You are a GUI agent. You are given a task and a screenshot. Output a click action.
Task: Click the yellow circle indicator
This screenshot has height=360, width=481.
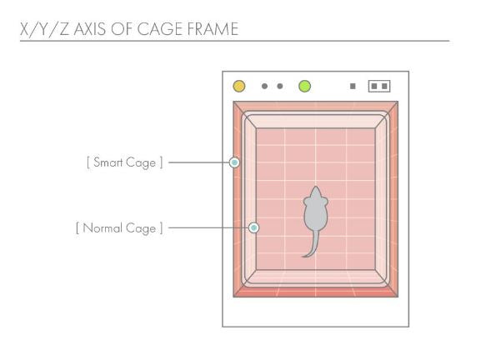pos(239,86)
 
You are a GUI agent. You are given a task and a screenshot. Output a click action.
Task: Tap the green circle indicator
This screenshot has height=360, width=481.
pos(304,86)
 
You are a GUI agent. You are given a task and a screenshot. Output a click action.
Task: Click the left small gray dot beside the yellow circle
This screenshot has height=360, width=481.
pos(264,86)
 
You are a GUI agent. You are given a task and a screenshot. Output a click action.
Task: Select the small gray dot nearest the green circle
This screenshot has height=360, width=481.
pos(280,86)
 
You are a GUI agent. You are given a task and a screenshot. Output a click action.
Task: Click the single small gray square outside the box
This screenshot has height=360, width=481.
pos(353,86)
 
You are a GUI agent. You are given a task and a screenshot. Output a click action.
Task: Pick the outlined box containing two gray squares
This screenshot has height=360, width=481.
pos(379,86)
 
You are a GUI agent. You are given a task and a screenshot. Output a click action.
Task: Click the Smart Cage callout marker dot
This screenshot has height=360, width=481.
pos(234,162)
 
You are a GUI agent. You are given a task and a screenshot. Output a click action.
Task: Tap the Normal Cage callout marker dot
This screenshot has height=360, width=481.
pos(253,227)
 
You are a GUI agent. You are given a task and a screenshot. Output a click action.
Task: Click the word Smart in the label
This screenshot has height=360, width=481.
pos(108,162)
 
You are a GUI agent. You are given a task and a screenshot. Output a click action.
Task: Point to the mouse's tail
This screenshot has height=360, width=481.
pos(312,244)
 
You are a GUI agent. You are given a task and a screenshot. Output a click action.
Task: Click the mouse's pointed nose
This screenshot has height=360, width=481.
pos(316,187)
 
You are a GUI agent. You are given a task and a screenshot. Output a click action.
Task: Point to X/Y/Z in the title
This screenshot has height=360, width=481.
pos(44,29)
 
